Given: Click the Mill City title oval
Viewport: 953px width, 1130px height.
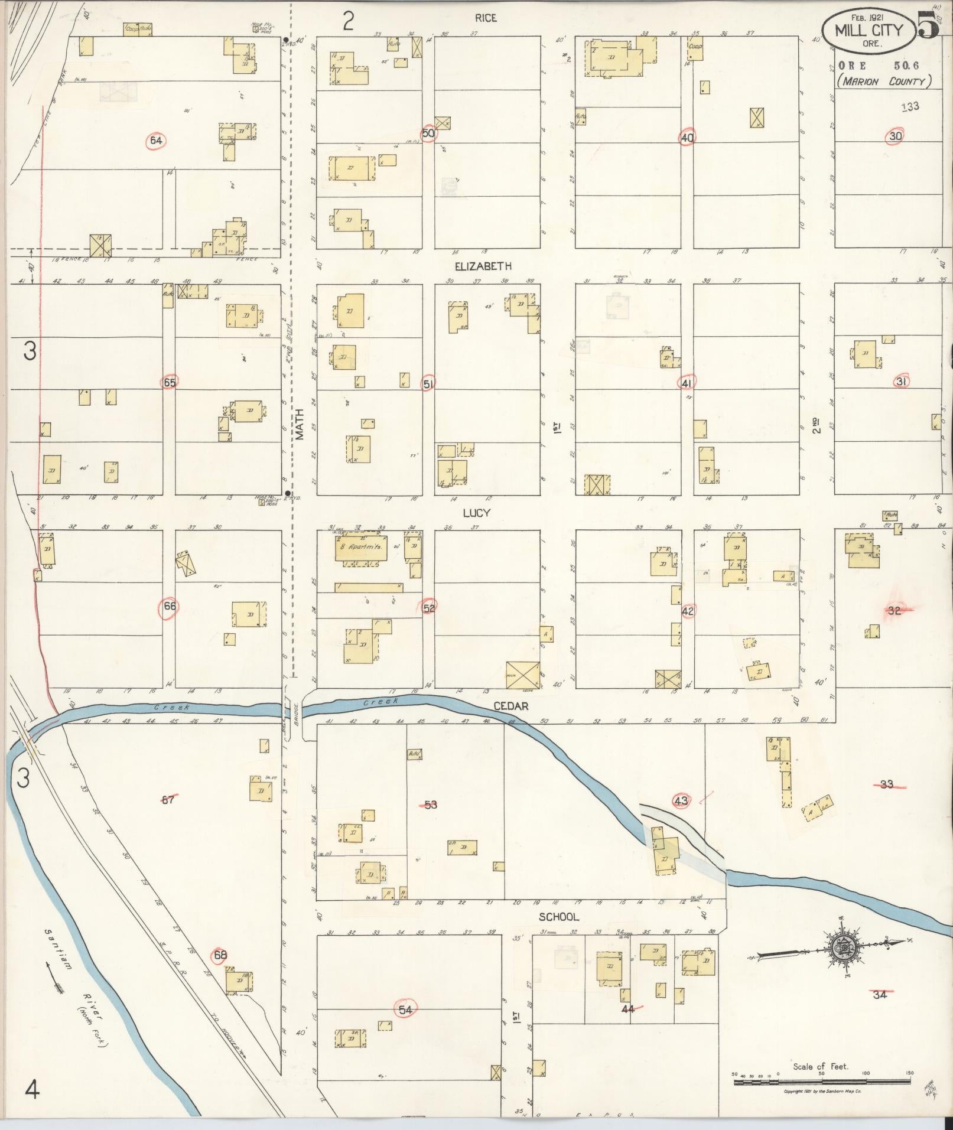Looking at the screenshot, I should point(869,30).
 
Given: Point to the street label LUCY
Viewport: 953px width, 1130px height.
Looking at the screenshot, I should point(477,513).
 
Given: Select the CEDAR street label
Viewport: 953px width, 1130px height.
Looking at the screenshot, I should point(510,706).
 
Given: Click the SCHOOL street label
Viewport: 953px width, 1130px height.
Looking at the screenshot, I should point(558,917).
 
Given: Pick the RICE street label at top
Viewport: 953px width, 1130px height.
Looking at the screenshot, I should point(485,18).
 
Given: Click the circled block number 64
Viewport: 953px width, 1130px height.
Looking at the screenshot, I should point(156,141).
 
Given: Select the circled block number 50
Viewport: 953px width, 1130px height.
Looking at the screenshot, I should point(429,133).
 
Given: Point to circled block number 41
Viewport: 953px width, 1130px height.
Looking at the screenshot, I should point(686,383).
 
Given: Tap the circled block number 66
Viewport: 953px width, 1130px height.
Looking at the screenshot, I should point(170,606).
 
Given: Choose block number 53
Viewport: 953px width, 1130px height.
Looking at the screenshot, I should point(430,805).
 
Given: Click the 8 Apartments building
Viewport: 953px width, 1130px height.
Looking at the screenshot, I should point(362,548).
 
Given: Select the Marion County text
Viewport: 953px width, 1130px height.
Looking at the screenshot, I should point(883,82).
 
